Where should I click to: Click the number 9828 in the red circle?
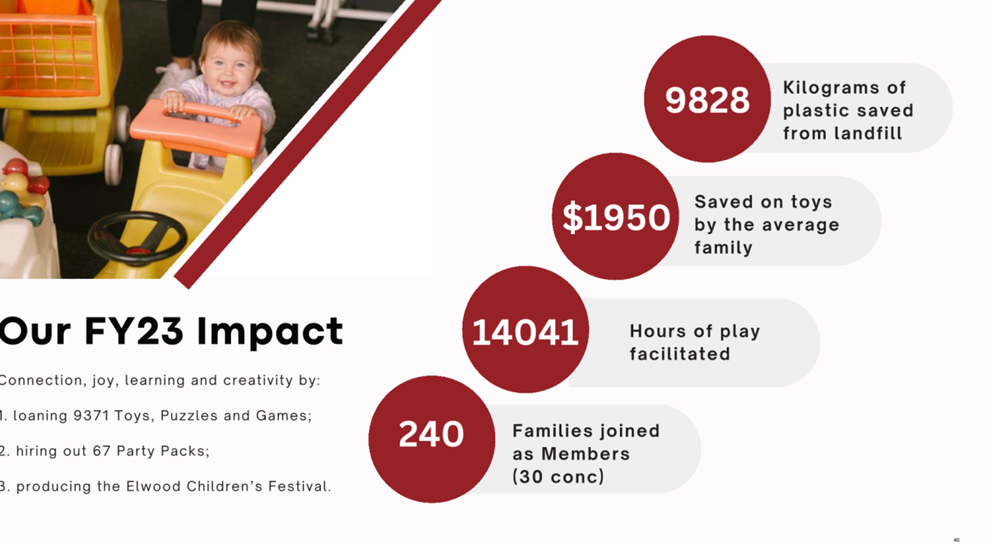tap(707, 100)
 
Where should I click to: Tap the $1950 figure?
tap(616, 217)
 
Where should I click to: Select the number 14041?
tap(525, 332)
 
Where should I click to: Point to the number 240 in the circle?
tap(431, 433)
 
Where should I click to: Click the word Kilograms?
tap(831, 87)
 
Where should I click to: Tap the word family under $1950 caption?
tap(723, 247)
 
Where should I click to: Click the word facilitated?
tap(679, 354)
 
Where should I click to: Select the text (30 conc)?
tap(558, 477)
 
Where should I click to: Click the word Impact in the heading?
tap(270, 331)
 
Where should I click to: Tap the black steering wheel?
tap(138, 237)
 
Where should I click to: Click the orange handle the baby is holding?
tap(198, 126)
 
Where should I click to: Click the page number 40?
tap(956, 540)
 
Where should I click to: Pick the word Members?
tap(586, 453)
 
